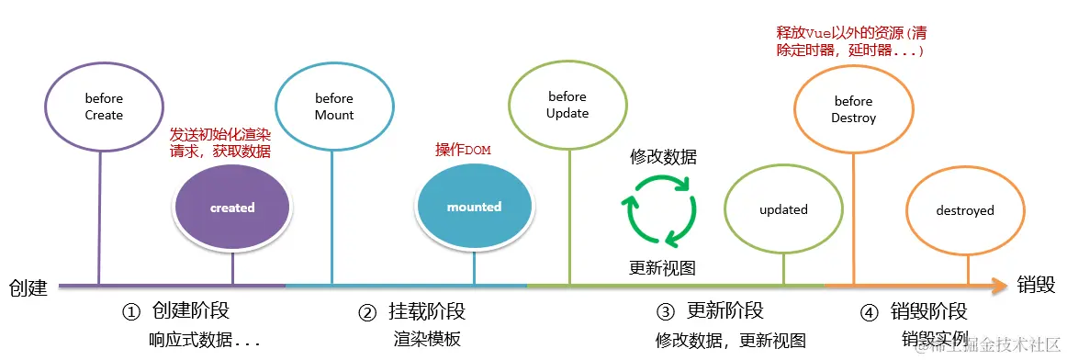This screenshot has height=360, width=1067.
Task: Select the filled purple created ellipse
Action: pos(232,208)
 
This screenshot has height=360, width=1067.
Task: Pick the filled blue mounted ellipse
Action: pos(474,208)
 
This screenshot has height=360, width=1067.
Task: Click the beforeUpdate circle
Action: pos(567,105)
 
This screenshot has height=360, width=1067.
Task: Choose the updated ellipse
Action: pos(783,209)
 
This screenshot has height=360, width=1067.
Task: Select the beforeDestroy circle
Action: pos(853,109)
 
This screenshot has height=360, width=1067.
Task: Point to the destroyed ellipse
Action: pos(965,210)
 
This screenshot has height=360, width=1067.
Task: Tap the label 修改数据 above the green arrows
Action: pos(663,157)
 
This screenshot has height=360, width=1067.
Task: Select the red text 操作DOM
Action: pos(465,150)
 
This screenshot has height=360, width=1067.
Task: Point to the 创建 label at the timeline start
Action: pos(28,287)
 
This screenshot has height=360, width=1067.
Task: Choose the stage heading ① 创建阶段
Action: pos(188,311)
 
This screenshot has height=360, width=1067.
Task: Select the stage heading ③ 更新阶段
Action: pos(710,311)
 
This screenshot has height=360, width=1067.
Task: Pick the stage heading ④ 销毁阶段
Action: pos(914,311)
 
